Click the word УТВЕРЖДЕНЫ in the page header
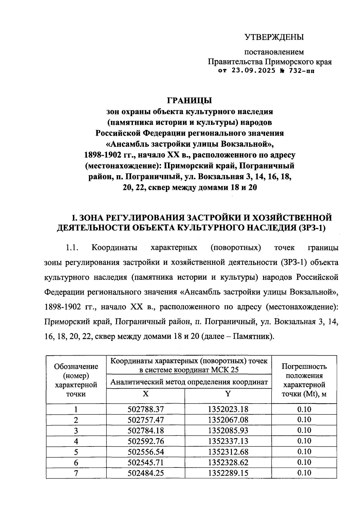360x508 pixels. tap(274, 37)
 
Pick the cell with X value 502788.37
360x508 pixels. tap(146, 409)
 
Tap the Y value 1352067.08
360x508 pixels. tap(228, 419)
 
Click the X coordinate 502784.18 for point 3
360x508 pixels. tap(146, 430)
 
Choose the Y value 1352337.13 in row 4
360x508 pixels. tap(228, 441)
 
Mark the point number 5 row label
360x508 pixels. tap(76, 452)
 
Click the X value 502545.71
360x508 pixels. tap(146, 462)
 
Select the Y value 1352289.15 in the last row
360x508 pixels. tap(228, 473)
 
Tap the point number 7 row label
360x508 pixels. tap(76, 473)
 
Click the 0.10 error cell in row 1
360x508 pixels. tap(304, 409)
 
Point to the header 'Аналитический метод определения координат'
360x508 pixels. tap(189, 382)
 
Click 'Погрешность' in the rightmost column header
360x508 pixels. tap(304, 366)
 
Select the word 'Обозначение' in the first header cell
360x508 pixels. tap(76, 366)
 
